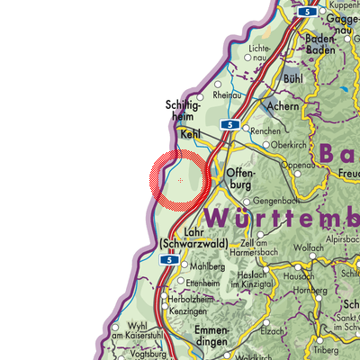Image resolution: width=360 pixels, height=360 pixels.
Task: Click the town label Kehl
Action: pyautogui.click(x=190, y=134)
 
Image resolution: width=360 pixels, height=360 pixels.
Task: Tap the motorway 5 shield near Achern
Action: pyautogui.click(x=230, y=123)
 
